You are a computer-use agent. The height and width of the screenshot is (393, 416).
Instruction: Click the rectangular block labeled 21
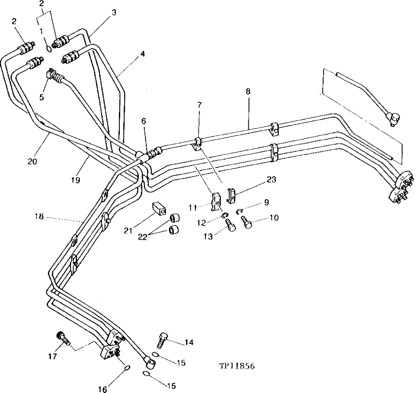click(x=158, y=208)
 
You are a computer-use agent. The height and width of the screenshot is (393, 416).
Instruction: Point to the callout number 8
click(x=249, y=90)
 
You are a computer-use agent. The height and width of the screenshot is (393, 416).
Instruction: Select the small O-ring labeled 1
click(x=50, y=49)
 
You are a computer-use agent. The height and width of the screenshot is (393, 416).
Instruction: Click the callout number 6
click(x=144, y=121)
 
